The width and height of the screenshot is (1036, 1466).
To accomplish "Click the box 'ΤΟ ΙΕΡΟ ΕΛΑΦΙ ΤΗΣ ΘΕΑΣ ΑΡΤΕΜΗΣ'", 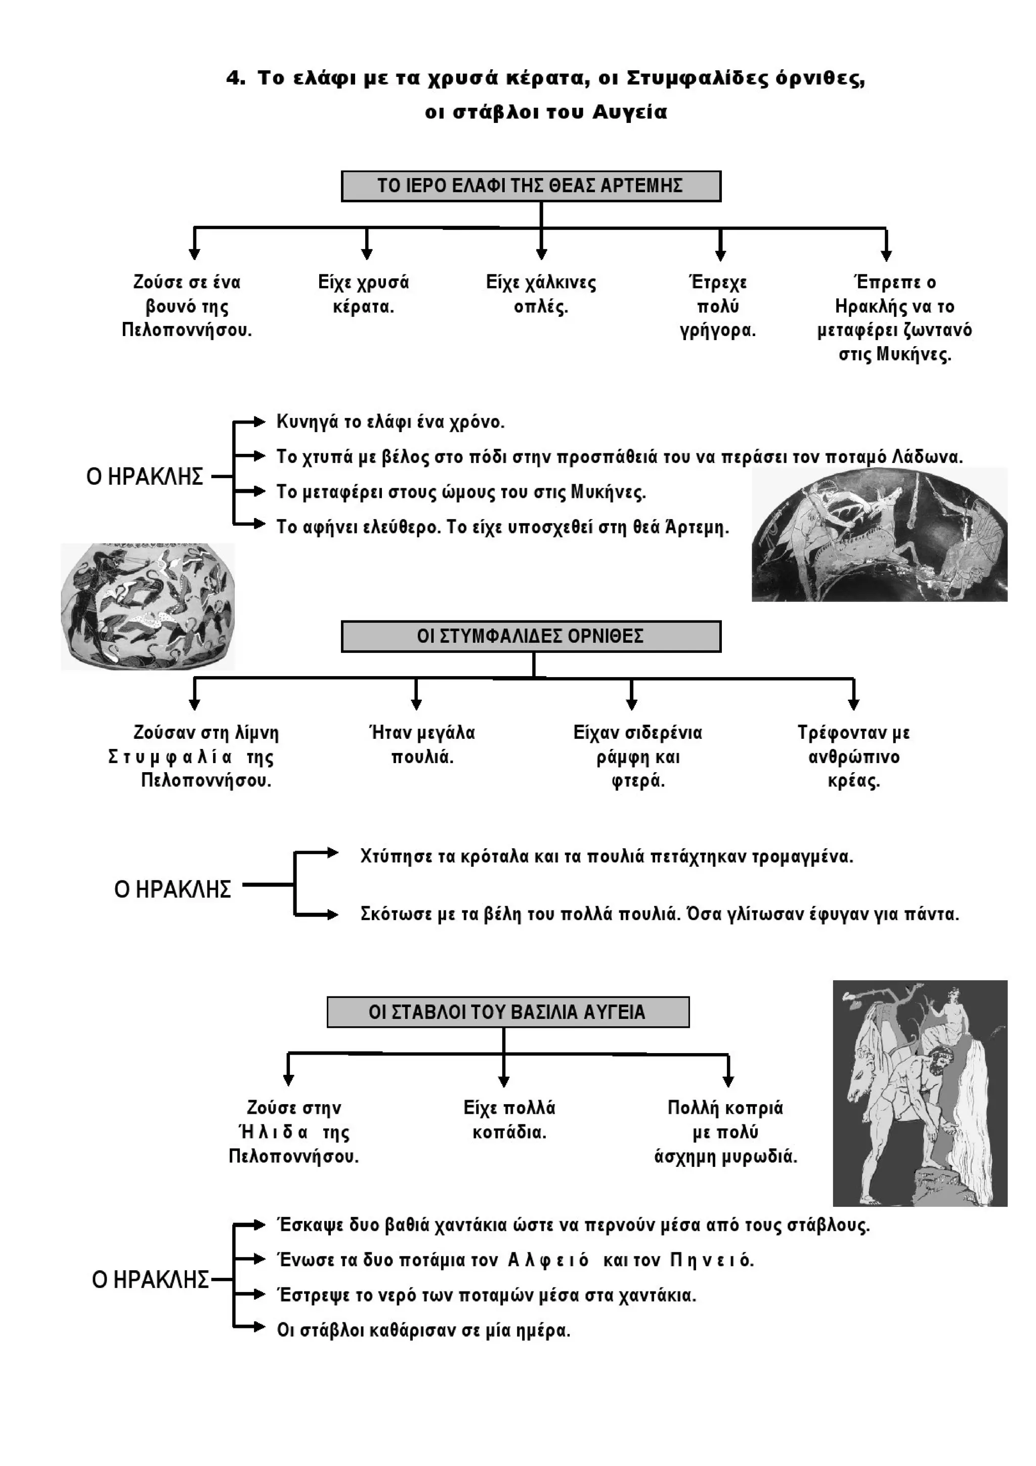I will (x=531, y=186).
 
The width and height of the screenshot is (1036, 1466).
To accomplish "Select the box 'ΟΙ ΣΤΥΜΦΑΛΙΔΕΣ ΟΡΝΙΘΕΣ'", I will (x=531, y=636).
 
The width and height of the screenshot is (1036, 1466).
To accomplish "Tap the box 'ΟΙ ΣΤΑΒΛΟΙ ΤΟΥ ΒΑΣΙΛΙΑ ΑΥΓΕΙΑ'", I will (x=507, y=1012).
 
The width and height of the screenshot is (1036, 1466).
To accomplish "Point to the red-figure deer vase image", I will (x=879, y=534).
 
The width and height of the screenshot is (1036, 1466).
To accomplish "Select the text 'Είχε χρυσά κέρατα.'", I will (x=363, y=295).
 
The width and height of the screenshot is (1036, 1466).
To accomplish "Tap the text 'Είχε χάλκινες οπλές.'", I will (x=541, y=295).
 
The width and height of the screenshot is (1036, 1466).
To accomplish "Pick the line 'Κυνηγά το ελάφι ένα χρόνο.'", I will (x=390, y=422).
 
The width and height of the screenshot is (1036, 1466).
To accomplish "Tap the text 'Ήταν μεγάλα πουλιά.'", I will (x=422, y=744).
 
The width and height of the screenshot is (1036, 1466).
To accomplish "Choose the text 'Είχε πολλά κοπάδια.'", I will (x=509, y=1120).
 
